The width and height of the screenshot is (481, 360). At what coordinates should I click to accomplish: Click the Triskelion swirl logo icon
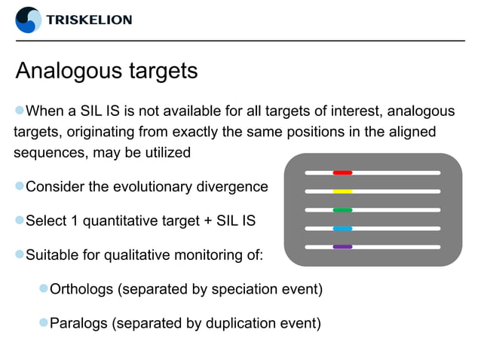tap(29, 20)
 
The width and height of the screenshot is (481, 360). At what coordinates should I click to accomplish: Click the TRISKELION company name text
tap(89, 20)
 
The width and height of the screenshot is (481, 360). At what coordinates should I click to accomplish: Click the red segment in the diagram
tap(342, 172)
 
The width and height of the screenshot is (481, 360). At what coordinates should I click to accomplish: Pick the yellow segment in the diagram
tap(342, 191)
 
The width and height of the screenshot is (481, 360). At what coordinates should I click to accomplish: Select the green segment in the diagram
tap(342, 209)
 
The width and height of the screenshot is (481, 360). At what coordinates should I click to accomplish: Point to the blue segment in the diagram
tap(342, 228)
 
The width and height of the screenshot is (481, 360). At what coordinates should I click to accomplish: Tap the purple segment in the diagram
tap(342, 246)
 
